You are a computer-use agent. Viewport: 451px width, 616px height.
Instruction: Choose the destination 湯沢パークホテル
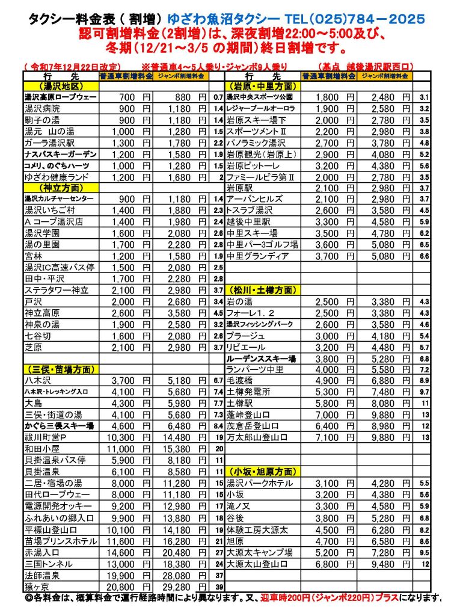tap(259, 483)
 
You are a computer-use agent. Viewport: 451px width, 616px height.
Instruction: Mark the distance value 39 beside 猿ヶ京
tap(219, 587)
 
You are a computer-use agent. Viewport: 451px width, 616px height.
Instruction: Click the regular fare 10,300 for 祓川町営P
tap(126, 437)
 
